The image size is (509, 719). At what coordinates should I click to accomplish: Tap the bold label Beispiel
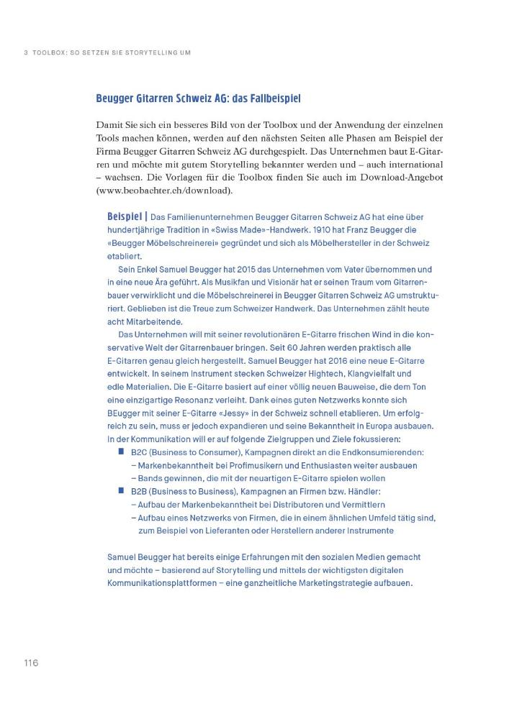pos(126,216)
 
